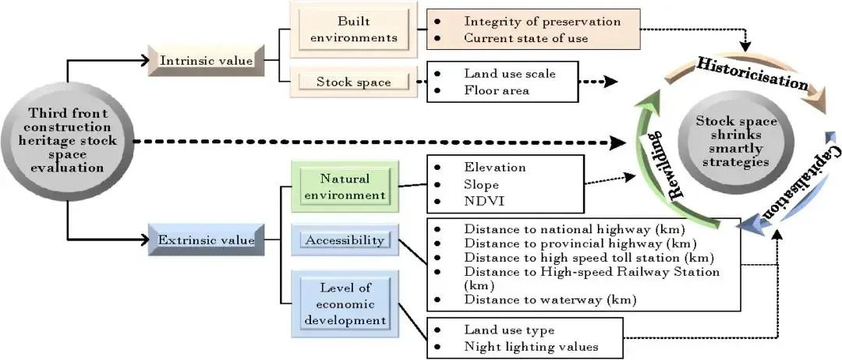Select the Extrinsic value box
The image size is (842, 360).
206,240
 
